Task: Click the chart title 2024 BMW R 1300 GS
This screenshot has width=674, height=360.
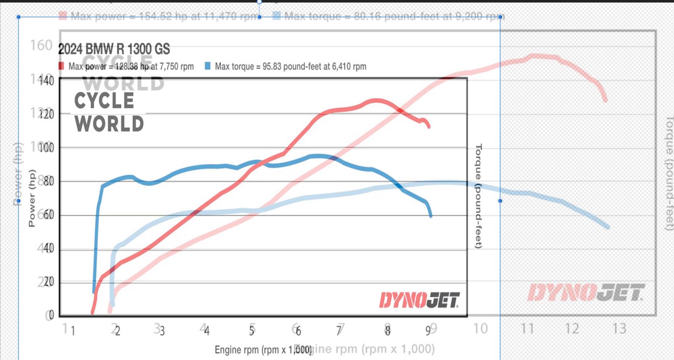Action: (x=114, y=49)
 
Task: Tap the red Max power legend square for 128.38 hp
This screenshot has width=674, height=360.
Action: (x=61, y=66)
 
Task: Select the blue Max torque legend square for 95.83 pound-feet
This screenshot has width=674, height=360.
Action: (x=207, y=66)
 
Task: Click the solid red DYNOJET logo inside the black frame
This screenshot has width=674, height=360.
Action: (x=419, y=300)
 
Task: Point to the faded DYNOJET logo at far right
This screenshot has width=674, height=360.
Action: (x=586, y=293)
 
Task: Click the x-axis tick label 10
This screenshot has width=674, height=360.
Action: (x=481, y=329)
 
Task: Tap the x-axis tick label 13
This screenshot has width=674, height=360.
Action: (x=619, y=329)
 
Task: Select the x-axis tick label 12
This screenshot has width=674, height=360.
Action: (x=572, y=329)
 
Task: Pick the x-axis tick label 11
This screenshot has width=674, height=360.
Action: (x=527, y=329)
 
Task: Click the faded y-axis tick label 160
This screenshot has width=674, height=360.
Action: (x=41, y=45)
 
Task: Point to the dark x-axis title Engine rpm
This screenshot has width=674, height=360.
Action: (x=262, y=350)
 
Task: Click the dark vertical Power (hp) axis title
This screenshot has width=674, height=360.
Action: (x=32, y=198)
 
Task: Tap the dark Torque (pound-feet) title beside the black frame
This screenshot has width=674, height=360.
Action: (x=479, y=196)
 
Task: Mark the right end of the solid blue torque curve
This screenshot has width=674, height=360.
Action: (x=431, y=216)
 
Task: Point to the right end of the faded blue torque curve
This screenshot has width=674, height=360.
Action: (x=608, y=227)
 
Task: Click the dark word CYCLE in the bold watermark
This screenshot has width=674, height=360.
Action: (x=104, y=101)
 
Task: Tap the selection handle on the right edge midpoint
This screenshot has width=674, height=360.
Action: (x=500, y=201)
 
